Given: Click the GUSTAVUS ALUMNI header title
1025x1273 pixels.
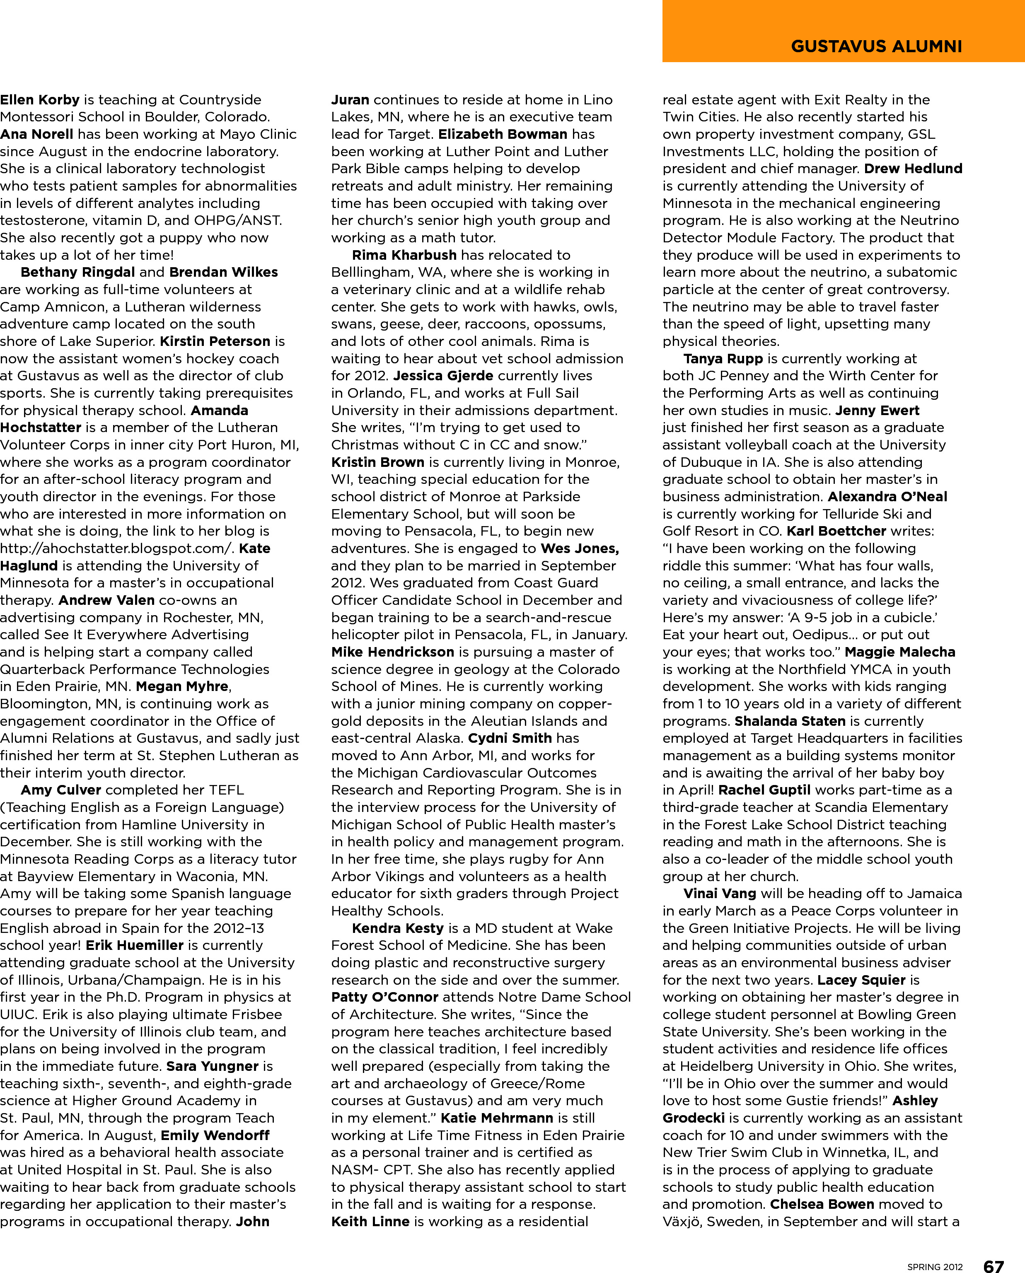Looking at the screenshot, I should pyautogui.click(x=876, y=47).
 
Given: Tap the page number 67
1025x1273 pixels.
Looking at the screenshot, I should pyautogui.click(x=993, y=1265).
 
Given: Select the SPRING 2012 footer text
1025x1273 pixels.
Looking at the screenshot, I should pyautogui.click(x=935, y=1266).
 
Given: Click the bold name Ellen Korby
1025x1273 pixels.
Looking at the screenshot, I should pyautogui.click(x=39, y=100).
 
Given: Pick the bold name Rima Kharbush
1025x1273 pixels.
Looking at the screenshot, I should pyautogui.click(x=404, y=255).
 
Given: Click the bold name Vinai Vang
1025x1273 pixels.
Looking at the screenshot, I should pyautogui.click(x=720, y=894).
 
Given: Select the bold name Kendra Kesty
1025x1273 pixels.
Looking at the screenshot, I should pyautogui.click(x=397, y=928).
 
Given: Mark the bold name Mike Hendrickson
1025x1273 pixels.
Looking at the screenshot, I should pyautogui.click(x=393, y=652).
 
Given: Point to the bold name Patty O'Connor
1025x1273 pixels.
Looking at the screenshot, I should pyautogui.click(x=384, y=997).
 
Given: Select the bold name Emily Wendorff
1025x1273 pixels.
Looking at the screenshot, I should pyautogui.click(x=215, y=1135).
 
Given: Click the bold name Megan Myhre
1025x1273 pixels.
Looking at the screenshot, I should pyautogui.click(x=182, y=687).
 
